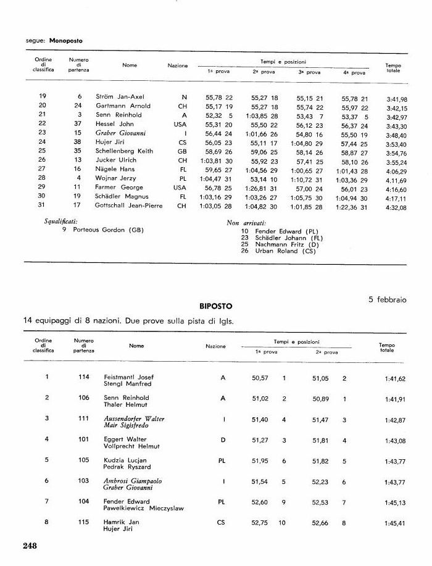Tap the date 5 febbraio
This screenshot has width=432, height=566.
click(388, 299)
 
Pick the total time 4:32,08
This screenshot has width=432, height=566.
click(396, 207)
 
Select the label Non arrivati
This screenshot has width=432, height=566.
click(246, 222)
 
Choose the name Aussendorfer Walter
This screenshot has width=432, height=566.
click(134, 418)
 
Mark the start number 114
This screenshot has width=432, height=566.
click(84, 377)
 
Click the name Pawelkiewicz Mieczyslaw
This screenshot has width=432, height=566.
click(144, 509)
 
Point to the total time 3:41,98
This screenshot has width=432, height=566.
click(396, 99)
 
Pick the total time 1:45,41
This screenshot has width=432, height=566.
click(396, 524)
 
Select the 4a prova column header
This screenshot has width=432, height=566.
click(354, 73)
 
